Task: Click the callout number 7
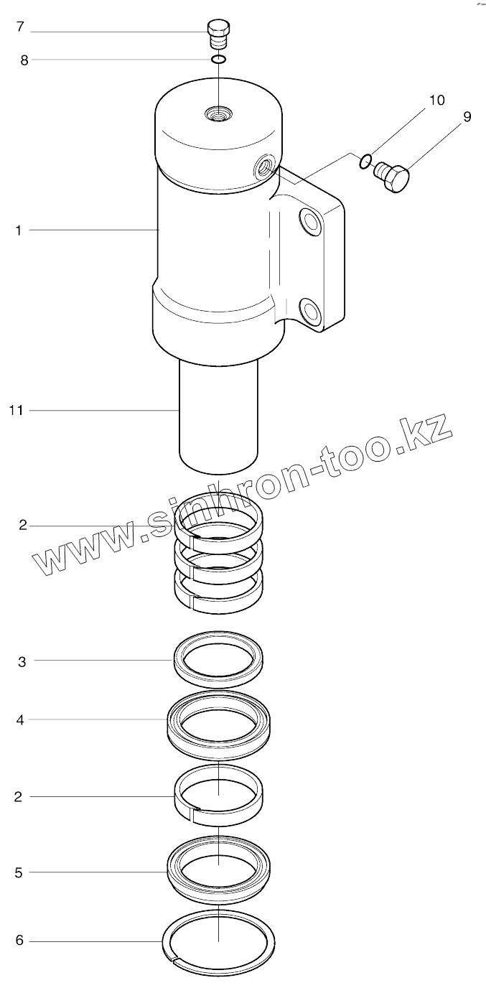click(20, 27)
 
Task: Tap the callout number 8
click(24, 60)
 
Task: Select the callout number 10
click(437, 100)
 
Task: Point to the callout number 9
click(467, 117)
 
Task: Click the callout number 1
click(19, 230)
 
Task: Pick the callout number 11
click(16, 411)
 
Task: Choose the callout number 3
click(22, 662)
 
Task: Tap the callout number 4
click(20, 720)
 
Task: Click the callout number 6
click(19, 941)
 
